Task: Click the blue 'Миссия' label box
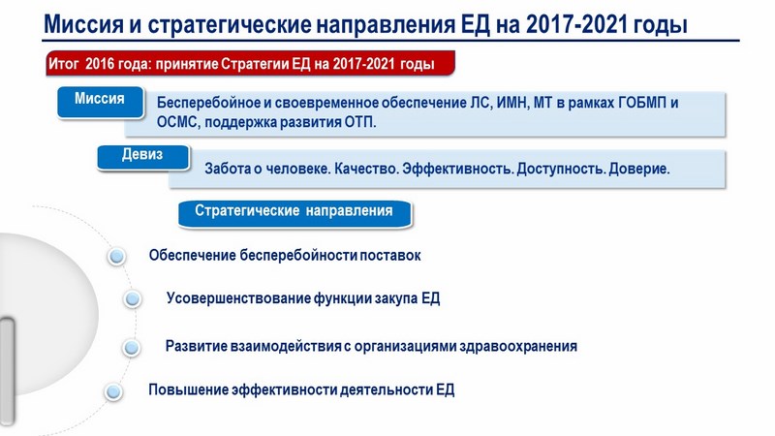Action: coord(101,102)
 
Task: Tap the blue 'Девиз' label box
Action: coord(142,157)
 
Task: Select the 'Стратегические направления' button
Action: coord(294,213)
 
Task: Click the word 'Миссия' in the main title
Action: coord(83,24)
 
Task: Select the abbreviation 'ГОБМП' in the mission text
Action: coord(642,103)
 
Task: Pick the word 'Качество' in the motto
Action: coord(366,169)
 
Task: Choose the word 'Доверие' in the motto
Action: coord(639,169)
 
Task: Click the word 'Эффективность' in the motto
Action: coord(458,169)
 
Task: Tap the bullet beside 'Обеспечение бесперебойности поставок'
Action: coord(116,256)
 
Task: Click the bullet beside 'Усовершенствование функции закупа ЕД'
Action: coord(132,298)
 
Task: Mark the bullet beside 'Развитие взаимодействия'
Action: coord(132,347)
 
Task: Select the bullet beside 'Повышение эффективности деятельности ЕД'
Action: coord(113,391)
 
